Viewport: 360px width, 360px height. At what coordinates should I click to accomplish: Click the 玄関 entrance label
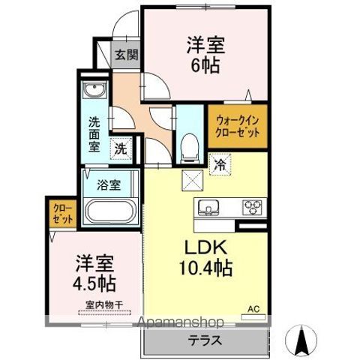click(127, 55)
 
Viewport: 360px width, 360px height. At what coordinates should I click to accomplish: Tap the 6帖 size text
click(203, 66)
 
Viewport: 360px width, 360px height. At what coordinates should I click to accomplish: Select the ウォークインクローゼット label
click(238, 125)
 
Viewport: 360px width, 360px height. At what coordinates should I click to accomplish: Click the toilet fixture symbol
click(189, 143)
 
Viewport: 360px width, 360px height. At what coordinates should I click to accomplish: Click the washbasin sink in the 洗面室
click(95, 92)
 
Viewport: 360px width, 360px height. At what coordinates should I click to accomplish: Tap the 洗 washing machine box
click(120, 148)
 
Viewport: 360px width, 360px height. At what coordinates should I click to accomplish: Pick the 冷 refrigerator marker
click(220, 161)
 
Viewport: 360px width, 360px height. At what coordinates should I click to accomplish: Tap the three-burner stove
click(250, 206)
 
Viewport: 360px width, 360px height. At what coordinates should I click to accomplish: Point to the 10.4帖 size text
click(203, 267)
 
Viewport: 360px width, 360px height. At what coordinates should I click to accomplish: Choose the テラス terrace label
click(205, 340)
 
